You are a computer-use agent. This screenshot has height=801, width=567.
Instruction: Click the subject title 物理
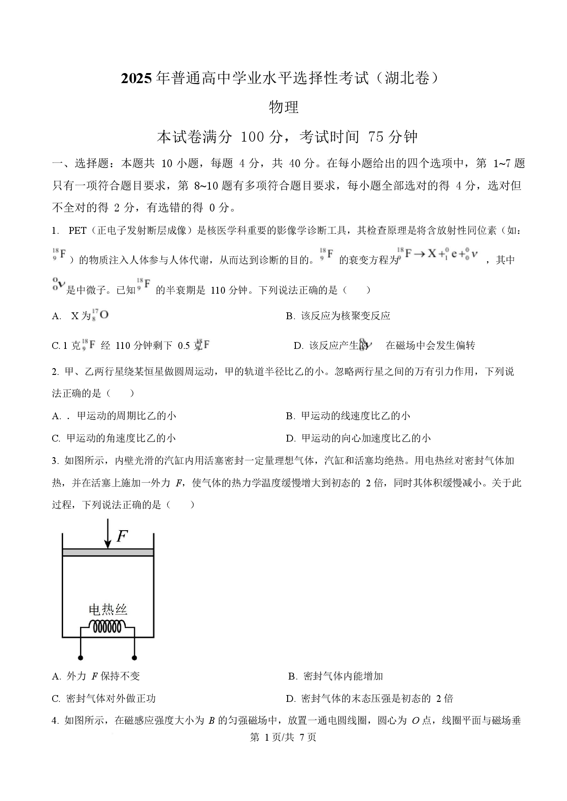[283, 107]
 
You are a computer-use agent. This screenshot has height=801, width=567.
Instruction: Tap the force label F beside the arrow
[122, 536]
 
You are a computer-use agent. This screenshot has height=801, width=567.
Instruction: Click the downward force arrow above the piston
[107, 533]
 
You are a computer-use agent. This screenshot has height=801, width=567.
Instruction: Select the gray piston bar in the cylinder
[107, 552]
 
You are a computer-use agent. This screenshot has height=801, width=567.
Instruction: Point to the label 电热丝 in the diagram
[107, 609]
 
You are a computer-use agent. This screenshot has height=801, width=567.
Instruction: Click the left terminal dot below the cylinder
[81, 658]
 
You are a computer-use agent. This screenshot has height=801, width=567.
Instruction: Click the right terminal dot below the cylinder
[134, 658]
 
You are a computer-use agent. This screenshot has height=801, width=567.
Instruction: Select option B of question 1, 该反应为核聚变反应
[338, 316]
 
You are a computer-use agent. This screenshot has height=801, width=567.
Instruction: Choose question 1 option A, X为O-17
[80, 316]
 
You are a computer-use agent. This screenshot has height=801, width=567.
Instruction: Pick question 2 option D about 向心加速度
[358, 438]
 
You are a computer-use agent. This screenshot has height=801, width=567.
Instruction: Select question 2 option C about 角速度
[114, 438]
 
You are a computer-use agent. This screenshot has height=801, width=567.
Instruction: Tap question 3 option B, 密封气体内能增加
[336, 676]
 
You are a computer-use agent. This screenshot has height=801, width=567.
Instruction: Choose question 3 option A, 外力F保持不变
[96, 676]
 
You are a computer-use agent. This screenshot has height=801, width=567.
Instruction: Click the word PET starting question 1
[77, 231]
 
